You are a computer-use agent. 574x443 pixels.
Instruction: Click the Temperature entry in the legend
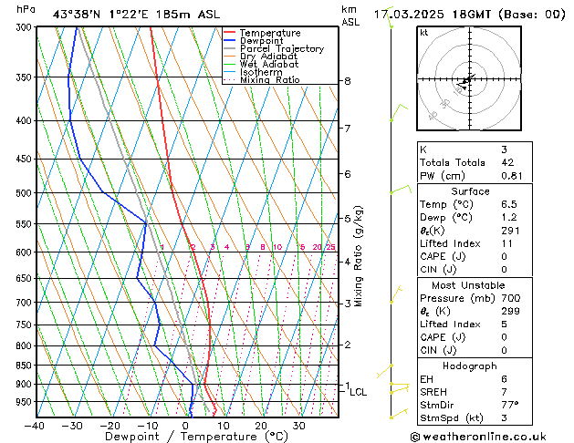point(269,33)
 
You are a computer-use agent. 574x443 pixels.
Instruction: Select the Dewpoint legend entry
point(262,41)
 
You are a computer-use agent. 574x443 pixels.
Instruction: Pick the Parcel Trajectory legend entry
point(281,49)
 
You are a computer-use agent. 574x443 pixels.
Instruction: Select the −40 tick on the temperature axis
point(35,426)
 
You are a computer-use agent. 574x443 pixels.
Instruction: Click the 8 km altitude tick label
point(347,81)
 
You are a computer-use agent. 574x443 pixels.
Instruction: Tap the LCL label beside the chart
point(358,393)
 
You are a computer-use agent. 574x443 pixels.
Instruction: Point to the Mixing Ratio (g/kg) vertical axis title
point(359,256)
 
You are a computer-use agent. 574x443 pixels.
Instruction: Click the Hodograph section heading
point(470,366)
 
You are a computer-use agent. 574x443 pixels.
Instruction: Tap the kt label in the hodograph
point(424,33)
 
